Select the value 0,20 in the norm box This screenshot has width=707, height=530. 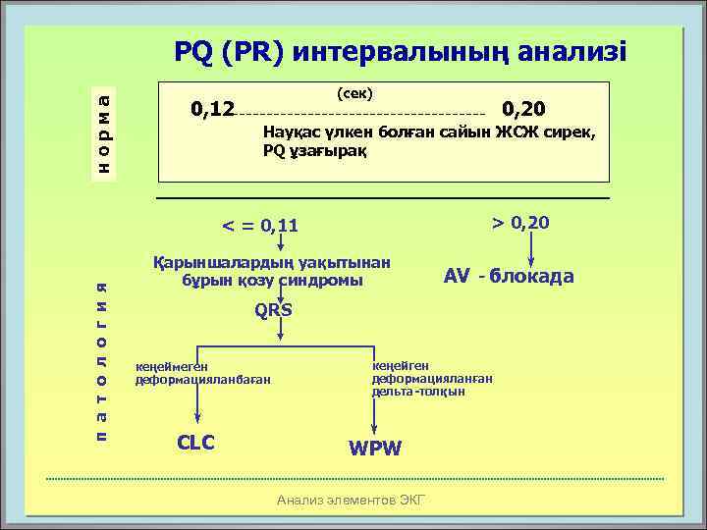pos(530,107)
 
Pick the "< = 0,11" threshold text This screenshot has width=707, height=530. pos(259,227)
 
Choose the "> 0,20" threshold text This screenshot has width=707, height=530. pos(520,223)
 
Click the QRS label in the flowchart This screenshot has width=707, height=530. pos(273,310)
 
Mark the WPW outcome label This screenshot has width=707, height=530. pos(375,448)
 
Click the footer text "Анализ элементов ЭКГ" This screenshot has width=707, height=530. pos(352,500)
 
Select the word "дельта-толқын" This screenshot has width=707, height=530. pos(418,391)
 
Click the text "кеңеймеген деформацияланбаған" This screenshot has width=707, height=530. pos(201,373)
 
